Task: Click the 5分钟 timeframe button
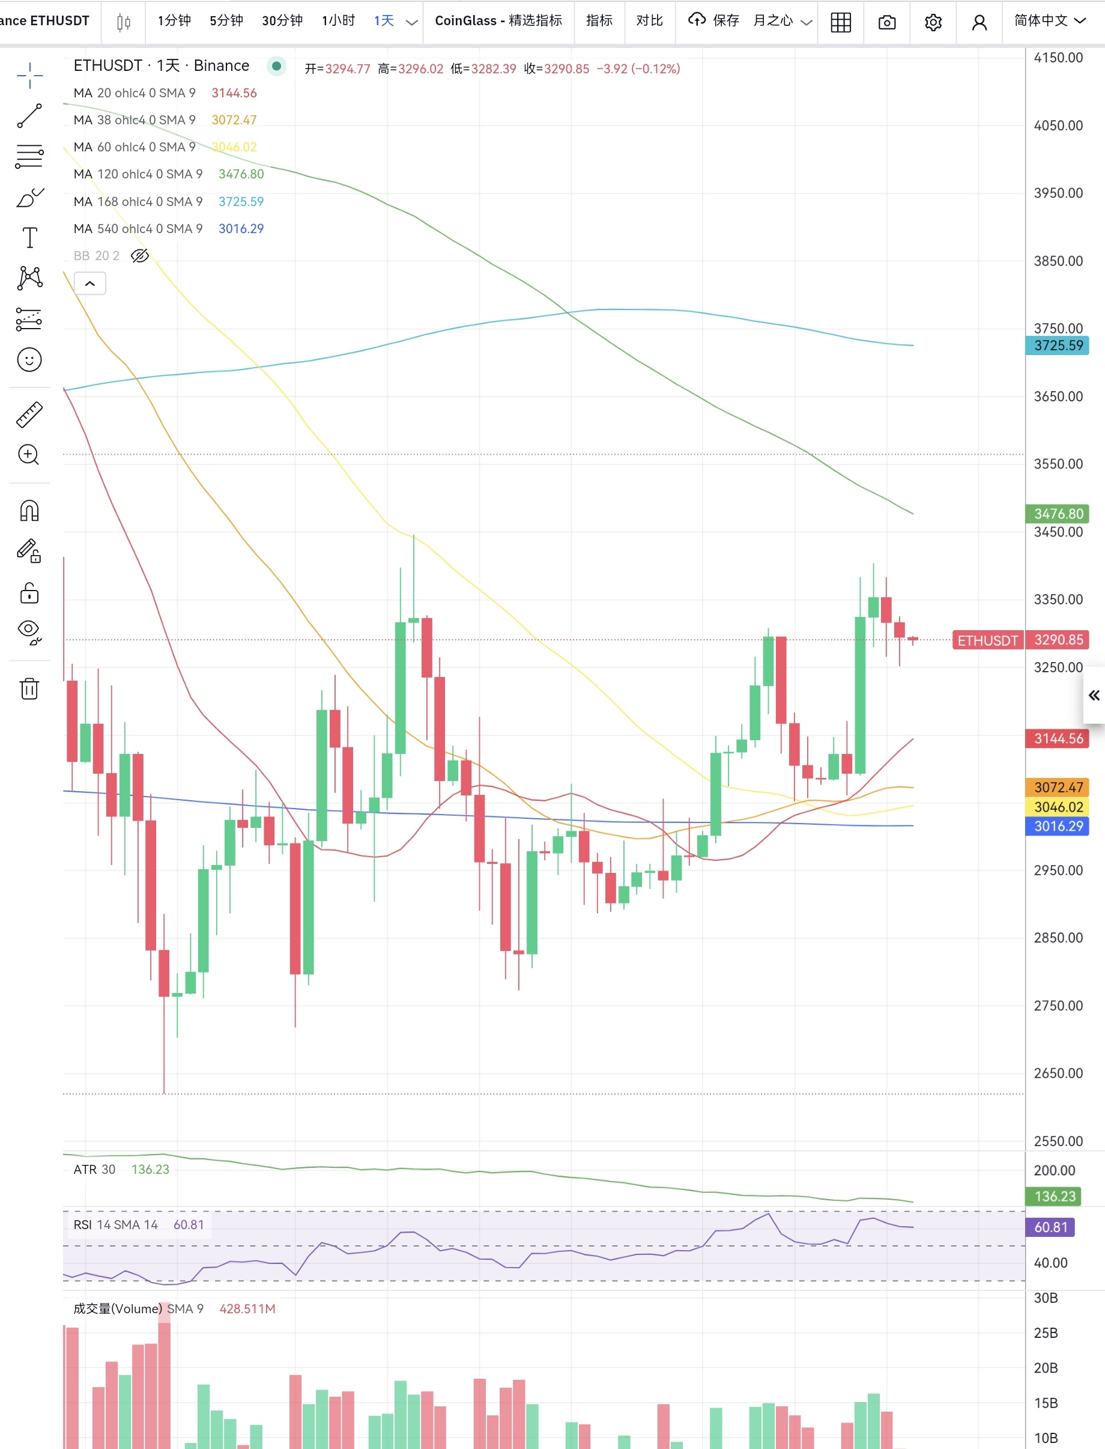(226, 20)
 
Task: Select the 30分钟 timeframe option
(282, 20)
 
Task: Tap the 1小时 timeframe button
(338, 20)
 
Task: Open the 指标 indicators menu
(599, 20)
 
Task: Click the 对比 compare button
(649, 20)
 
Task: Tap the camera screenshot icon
(886, 22)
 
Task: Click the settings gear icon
(933, 22)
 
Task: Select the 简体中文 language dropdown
(1049, 20)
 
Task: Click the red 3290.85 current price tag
(1058, 640)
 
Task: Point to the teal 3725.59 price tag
(1058, 345)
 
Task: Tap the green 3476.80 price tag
(1058, 513)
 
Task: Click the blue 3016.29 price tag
(1058, 826)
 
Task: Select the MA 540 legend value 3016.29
(241, 228)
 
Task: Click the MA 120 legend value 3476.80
(241, 174)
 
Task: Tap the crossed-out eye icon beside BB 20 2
(139, 255)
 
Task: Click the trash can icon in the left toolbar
(29, 688)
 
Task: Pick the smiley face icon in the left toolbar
(29, 360)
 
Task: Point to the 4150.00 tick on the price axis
(1058, 57)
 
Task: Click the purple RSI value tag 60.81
(1050, 1227)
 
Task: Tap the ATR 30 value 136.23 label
(150, 1169)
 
